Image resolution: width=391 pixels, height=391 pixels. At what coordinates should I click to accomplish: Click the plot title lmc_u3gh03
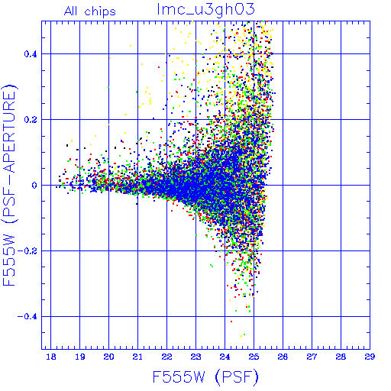206,10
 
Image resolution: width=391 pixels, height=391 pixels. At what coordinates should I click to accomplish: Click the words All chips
90,11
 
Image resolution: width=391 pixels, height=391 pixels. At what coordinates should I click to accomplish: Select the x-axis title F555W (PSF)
205,376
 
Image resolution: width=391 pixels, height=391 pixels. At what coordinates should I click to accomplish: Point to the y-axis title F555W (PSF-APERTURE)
9,185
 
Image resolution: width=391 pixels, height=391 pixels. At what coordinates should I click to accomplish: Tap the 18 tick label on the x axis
51,357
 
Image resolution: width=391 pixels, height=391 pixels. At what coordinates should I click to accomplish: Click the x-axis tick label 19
80,357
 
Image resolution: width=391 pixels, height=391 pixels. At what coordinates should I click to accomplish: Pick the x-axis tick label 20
109,357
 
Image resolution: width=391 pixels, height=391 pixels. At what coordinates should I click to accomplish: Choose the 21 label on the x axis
137,357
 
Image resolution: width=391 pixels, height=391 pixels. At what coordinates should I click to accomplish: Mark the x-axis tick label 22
166,357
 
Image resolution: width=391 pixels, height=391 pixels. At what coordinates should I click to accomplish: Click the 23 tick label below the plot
195,357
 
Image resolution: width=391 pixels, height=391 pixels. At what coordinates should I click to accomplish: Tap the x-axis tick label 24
225,357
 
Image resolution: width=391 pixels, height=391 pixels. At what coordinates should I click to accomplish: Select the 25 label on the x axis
254,357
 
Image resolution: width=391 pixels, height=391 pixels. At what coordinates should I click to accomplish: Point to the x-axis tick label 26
283,357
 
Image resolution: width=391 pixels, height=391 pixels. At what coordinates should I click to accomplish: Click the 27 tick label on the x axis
312,357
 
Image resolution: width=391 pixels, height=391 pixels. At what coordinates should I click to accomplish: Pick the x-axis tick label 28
341,357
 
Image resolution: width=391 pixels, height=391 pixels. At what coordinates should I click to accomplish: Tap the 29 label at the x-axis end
370,357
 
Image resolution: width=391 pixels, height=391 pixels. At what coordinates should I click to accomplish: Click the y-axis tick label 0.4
31,54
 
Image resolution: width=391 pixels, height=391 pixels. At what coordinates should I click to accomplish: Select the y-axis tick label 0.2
31,120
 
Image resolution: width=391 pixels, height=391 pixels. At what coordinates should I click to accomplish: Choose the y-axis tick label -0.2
27,251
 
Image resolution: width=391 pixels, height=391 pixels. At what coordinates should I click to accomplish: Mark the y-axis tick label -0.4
27,317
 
